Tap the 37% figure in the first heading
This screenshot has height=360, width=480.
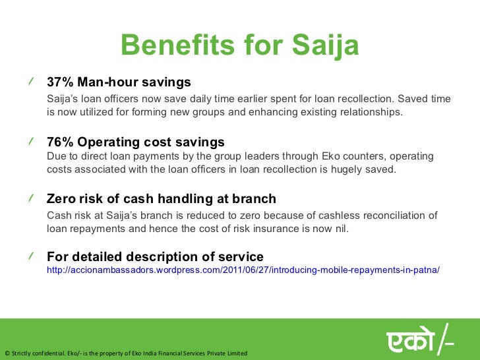pyautogui.click(x=60, y=82)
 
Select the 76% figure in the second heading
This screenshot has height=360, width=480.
pyautogui.click(x=60, y=142)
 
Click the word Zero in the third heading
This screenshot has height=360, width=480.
pyautogui.click(x=61, y=199)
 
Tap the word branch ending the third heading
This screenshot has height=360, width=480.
pyautogui.click(x=255, y=199)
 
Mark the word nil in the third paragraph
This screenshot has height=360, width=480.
pyautogui.click(x=338, y=228)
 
